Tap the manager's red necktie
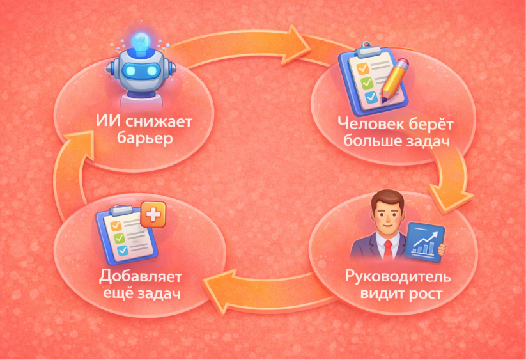(x=387, y=249)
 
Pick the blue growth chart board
(x=426, y=241)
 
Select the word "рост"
(x=424, y=295)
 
